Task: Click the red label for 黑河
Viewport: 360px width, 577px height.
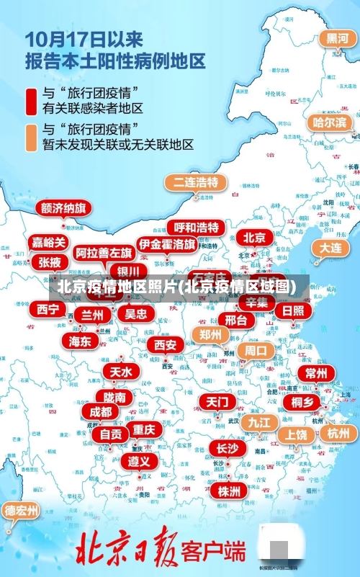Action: pyautogui.click(x=338, y=38)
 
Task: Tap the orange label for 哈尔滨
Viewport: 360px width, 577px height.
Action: pyautogui.click(x=329, y=122)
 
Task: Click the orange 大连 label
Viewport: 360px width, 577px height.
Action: pyautogui.click(x=330, y=247)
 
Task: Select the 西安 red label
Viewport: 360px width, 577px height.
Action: pyautogui.click(x=166, y=345)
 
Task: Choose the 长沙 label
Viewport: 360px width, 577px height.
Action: pyautogui.click(x=228, y=448)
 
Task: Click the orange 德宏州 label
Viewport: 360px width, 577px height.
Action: pyautogui.click(x=22, y=511)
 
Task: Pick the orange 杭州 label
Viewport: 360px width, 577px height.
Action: pyautogui.click(x=338, y=433)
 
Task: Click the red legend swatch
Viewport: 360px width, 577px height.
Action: pyautogui.click(x=31, y=100)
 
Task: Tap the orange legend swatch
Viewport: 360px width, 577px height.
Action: pyautogui.click(x=31, y=137)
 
